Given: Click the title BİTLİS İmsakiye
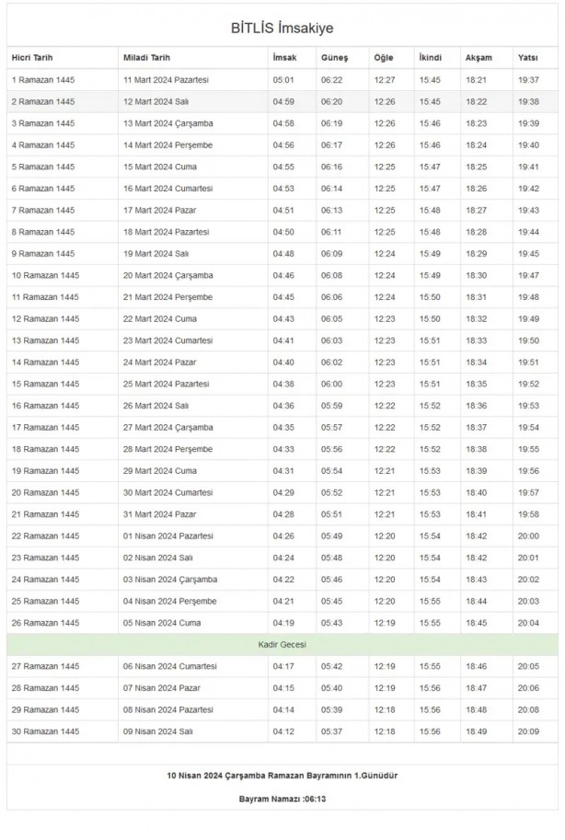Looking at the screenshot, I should pos(282,28).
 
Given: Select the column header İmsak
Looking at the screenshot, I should pos(284,58).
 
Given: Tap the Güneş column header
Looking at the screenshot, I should pos(334,58).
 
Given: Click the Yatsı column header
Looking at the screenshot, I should pos(528,58).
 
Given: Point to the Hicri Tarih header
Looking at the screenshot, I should pos(34,58).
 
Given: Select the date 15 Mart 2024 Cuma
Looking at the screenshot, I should pos(161,167).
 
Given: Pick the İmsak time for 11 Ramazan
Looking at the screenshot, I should pos(283,297).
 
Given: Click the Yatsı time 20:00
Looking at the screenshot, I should pos(529,536).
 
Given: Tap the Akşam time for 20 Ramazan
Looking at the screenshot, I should pos(477,493).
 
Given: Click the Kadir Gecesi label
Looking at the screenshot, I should pos(282,645).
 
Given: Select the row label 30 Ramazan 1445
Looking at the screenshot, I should pos(44,732).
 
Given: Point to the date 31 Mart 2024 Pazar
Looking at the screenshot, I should pos(163,514).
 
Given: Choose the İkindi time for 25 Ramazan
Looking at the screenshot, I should pos(430,602).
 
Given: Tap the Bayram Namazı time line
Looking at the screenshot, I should pos(282,799).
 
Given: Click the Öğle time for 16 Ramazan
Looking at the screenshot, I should pos(385,406).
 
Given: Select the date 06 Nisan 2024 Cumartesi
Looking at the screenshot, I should pos(170,667).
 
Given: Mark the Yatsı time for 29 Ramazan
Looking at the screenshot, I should pos(529,710).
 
